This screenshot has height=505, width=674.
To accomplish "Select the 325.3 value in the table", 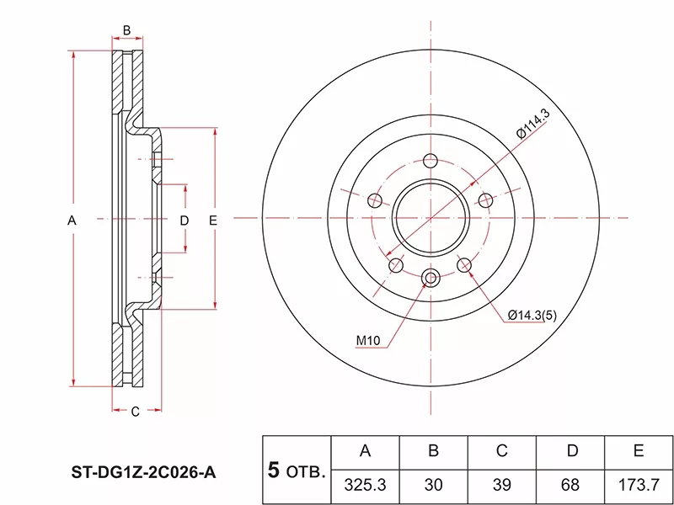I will coord(365,486).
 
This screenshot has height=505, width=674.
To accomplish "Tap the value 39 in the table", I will coord(501,486).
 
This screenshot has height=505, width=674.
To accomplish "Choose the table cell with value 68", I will coord(571,486).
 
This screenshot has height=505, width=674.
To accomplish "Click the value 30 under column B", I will coord(433,486).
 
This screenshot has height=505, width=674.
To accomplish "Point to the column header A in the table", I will coord(365,452).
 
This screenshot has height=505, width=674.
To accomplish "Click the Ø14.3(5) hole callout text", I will coord(530,316).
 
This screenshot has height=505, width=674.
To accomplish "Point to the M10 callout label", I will coord(369,341).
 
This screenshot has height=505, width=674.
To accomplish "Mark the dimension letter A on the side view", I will coord(72,220).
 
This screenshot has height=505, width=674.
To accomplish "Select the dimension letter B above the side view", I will coord(126,31).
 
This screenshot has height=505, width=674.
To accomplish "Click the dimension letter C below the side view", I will coord(135,411).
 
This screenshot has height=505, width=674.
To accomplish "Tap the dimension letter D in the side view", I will coord(185,220).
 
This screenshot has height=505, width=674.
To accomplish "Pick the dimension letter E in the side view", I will coord(213,220).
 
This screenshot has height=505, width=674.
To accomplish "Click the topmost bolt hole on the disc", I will coord(431,162).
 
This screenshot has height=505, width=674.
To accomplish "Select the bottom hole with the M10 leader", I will coord(431,279).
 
